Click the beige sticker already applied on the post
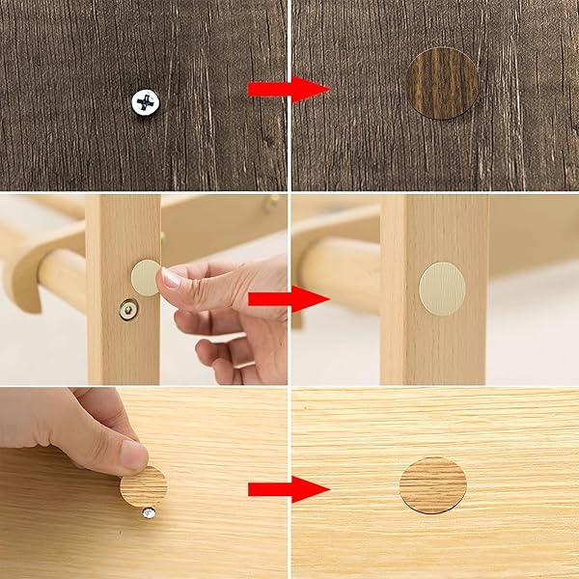point(442,289)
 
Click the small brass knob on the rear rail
point(273,201)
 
